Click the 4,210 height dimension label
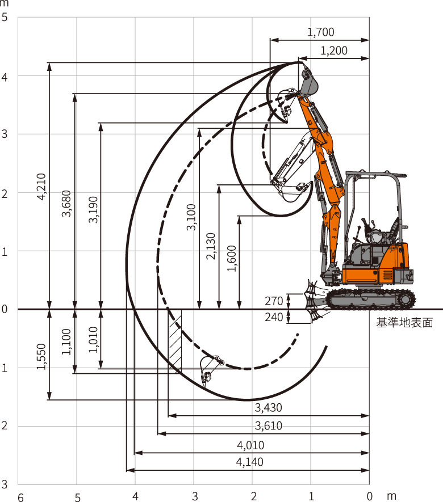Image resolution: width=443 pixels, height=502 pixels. coord(41,187)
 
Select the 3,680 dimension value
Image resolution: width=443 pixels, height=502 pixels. coord(66,204)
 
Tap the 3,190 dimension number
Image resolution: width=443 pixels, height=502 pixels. coord(93,209)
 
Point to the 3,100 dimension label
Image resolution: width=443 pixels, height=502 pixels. coord(191,217)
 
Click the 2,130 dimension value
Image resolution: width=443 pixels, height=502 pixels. coord(211,246)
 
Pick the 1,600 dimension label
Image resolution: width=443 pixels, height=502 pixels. coord(231,258)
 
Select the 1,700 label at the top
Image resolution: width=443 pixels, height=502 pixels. coord(320,32)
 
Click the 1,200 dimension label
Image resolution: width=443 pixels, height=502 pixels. coord(334,50)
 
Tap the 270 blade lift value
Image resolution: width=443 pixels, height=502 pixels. coord(274,301)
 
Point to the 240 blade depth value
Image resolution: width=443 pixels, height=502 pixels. coord(274,317)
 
